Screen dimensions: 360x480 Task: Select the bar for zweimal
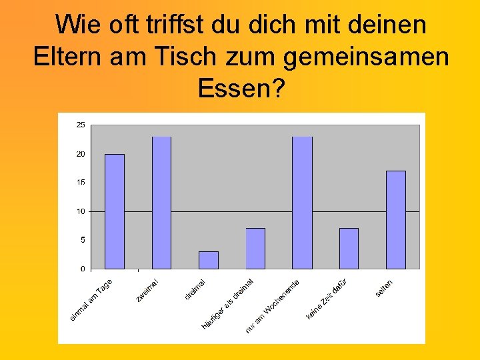[x=161, y=203]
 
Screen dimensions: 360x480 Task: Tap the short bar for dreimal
[x=209, y=260]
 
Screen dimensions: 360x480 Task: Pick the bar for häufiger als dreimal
[x=255, y=249]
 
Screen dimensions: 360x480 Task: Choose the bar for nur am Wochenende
[x=302, y=203]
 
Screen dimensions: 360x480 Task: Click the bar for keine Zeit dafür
[x=349, y=249]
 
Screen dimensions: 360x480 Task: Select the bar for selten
[x=396, y=220]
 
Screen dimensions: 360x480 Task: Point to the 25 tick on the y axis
[x=81, y=125]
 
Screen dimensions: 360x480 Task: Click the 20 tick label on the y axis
[x=81, y=154]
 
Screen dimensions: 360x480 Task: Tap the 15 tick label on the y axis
[x=81, y=182]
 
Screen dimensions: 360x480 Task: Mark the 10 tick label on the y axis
[x=81, y=211]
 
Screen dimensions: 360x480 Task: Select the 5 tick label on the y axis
[x=83, y=239]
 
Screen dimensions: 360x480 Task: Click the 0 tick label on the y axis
[x=83, y=269]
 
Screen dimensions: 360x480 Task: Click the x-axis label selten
[x=384, y=288]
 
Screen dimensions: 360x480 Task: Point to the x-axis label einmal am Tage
[x=91, y=299]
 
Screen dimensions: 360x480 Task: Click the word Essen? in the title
[x=237, y=87]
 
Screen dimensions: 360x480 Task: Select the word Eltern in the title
[x=63, y=57]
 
